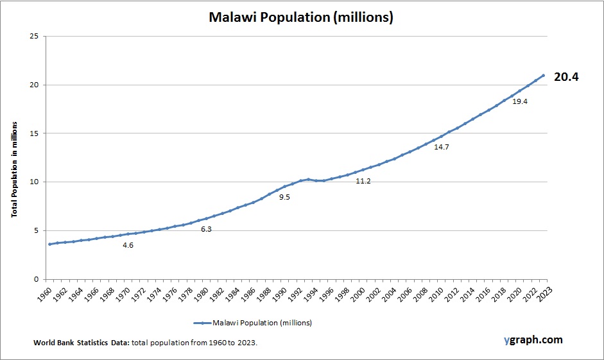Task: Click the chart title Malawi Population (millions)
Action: pos(301,17)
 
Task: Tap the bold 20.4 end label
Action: pos(566,77)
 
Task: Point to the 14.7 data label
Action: pos(441,147)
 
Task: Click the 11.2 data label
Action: pos(363,181)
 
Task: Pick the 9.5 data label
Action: pos(284,197)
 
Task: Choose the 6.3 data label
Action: pos(206,229)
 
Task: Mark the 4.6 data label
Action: pos(128,245)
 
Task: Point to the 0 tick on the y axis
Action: pos(35,279)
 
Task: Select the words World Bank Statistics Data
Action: pos(82,343)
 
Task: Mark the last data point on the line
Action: pos(544,75)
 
